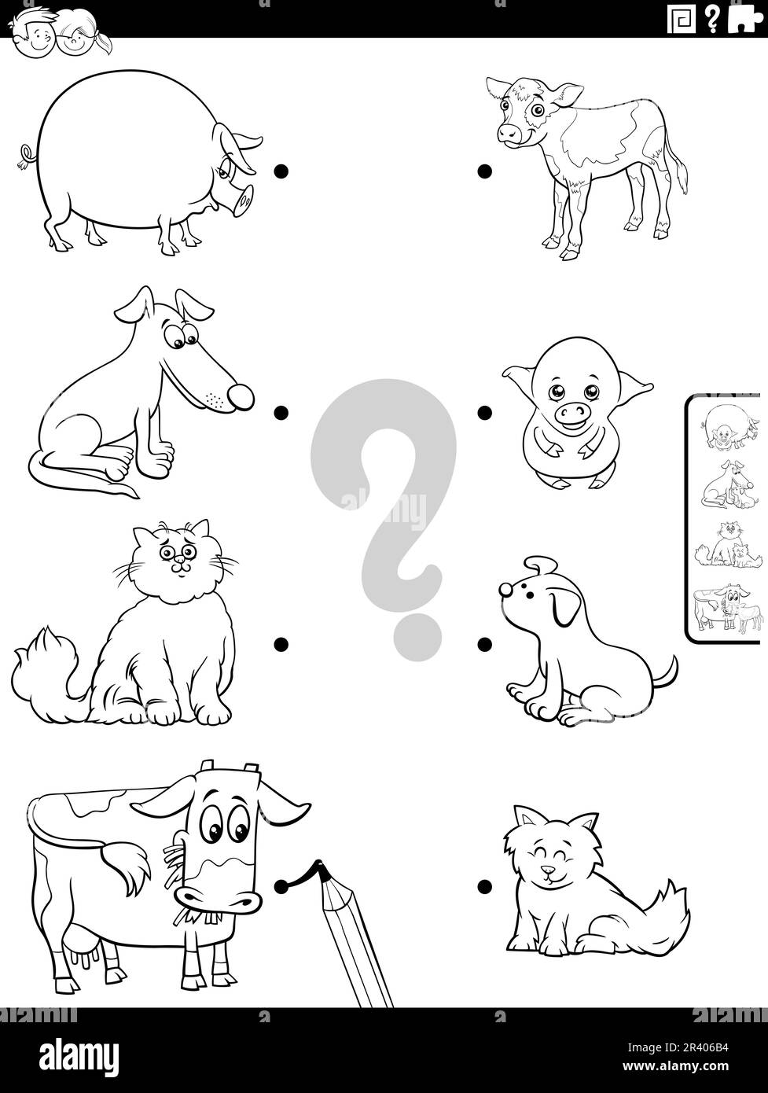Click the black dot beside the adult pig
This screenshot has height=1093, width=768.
click(281, 171)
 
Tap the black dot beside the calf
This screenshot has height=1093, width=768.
click(484, 171)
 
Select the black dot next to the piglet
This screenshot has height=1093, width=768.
click(484, 413)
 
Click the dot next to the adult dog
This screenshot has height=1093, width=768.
click(281, 413)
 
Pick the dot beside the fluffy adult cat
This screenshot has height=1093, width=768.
click(281, 645)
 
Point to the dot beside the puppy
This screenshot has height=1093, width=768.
click(484, 645)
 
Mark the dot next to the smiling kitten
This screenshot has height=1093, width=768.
click(484, 887)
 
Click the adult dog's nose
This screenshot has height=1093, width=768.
click(241, 396)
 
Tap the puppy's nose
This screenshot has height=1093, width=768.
click(505, 590)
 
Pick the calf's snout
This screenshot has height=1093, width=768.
click(510, 133)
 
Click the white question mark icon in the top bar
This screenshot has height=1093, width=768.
click(711, 20)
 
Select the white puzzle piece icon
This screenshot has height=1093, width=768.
click(744, 19)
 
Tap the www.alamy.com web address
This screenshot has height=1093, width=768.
click(678, 1066)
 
